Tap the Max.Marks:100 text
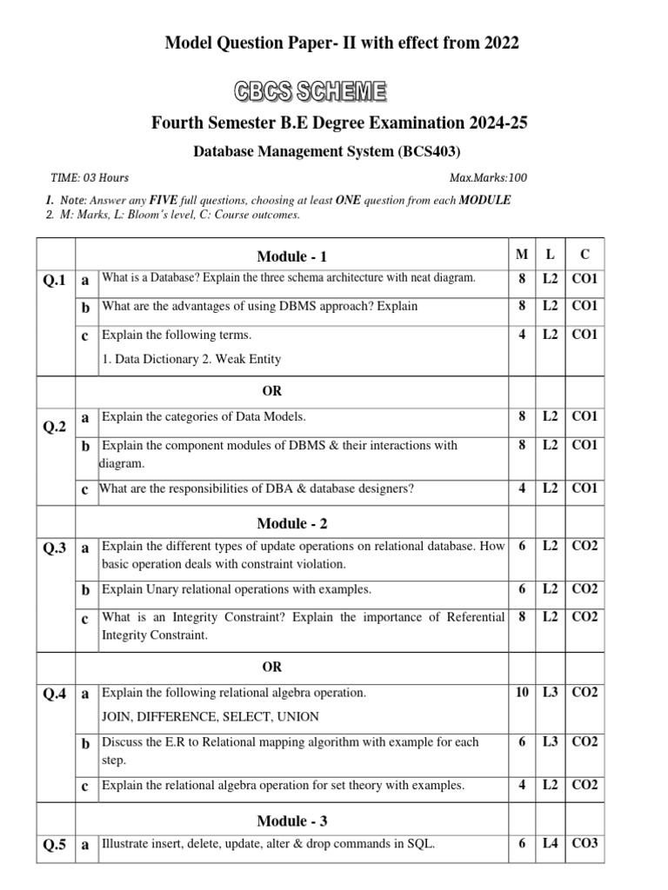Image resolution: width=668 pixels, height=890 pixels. click(x=487, y=178)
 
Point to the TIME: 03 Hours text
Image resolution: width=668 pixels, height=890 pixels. click(x=90, y=178)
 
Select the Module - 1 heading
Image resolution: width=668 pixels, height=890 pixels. click(x=292, y=256)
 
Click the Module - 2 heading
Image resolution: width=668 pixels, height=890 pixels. click(x=292, y=523)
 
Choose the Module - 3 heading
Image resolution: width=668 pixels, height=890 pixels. click(x=292, y=820)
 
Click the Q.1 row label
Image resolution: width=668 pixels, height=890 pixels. click(x=55, y=281)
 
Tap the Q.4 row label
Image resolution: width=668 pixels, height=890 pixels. click(x=55, y=694)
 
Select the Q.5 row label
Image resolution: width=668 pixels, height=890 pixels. click(x=55, y=844)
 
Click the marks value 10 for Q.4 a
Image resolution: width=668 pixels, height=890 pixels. click(x=522, y=693)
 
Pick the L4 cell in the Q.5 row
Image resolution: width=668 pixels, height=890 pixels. click(x=550, y=843)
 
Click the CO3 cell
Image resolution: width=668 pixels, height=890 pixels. click(x=585, y=843)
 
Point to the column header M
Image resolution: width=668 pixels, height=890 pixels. click(x=522, y=255)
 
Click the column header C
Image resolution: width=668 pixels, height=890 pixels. click(x=584, y=255)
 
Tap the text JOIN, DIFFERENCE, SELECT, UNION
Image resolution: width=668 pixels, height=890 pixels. click(x=210, y=717)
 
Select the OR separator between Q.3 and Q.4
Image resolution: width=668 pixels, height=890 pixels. click(x=272, y=667)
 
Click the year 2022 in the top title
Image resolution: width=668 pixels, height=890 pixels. click(x=498, y=43)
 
